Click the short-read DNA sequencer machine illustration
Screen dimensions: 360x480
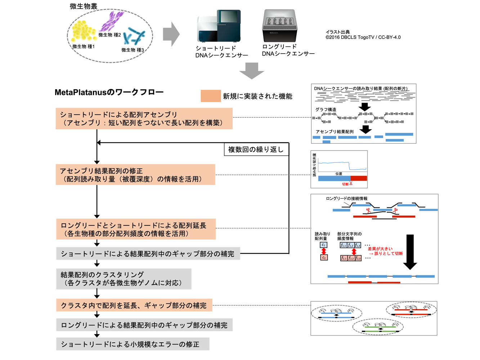(219, 26)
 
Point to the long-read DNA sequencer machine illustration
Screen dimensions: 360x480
(280, 26)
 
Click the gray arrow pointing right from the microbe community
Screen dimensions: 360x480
(171, 34)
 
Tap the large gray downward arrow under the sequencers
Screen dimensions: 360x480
(252, 71)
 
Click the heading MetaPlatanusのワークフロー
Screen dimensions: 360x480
(109, 93)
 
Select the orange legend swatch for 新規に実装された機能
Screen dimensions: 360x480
(211, 96)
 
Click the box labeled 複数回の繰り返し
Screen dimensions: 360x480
(256, 149)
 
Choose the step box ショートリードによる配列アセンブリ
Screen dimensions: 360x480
(144, 118)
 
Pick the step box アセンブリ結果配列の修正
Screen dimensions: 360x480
(135, 175)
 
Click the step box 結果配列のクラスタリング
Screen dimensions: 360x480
(124, 279)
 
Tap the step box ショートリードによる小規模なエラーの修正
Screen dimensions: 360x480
(133, 344)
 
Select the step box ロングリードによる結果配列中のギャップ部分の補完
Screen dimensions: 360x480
(144, 325)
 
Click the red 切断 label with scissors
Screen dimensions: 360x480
(347, 184)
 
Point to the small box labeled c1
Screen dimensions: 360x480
(324, 245)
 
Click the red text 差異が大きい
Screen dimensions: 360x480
(380, 249)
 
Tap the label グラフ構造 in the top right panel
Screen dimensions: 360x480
(326, 109)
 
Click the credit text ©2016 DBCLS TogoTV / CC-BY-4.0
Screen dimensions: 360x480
(363, 37)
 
